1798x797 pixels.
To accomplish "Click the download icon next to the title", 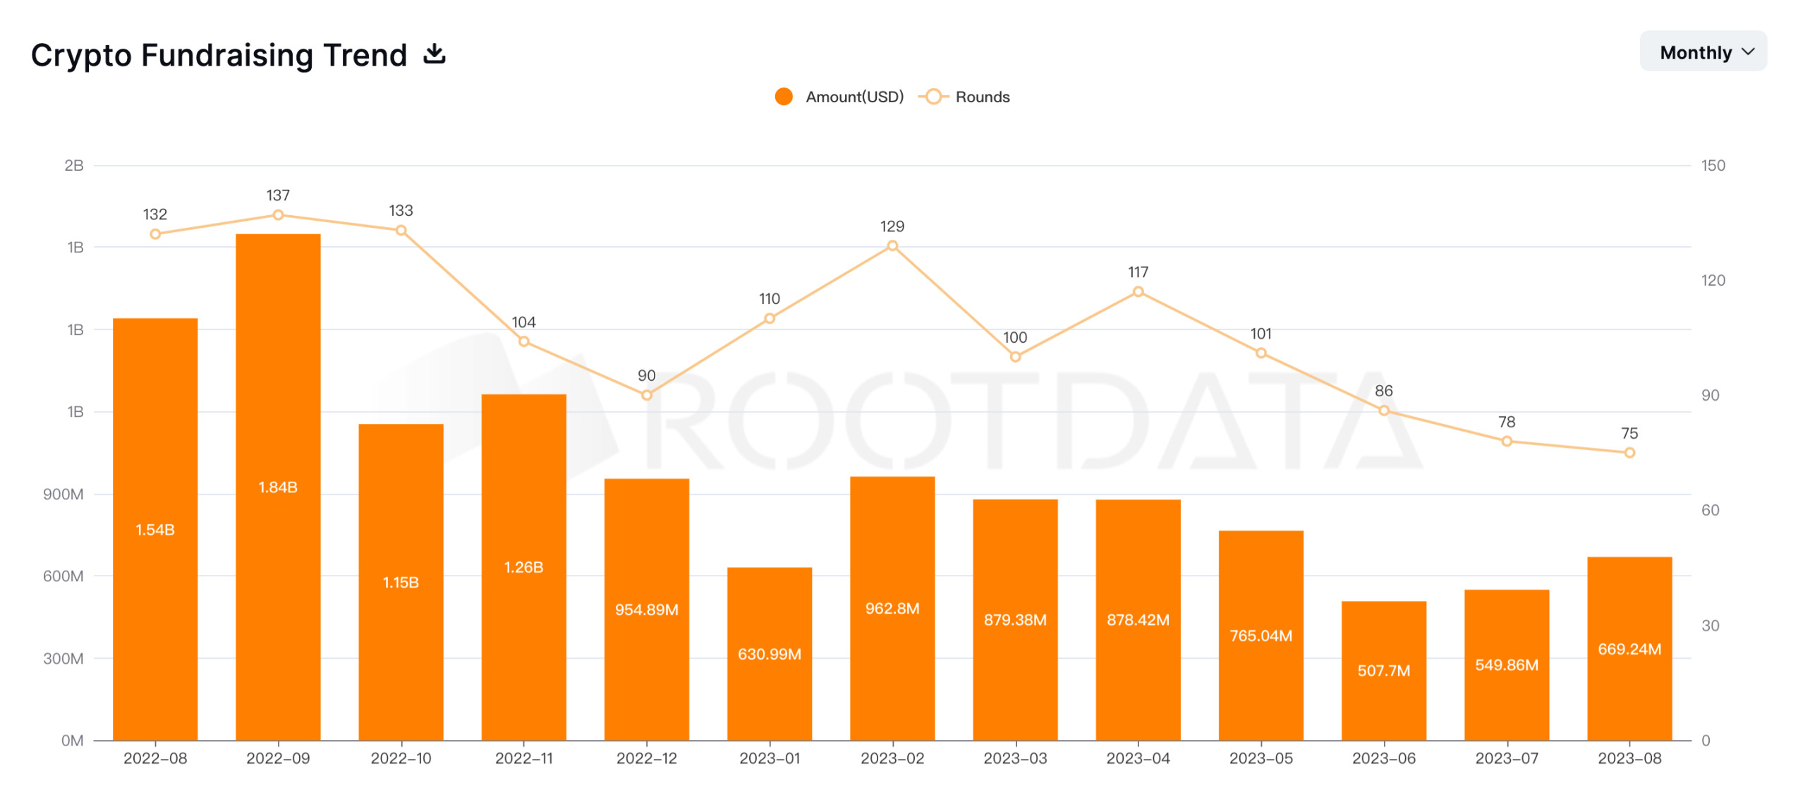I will [435, 54].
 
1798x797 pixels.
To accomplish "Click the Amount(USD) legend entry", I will [839, 97].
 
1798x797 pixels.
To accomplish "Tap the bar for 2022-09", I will [278, 487].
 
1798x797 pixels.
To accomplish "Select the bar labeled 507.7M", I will [1383, 670].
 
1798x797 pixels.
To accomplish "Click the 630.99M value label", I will [769, 654].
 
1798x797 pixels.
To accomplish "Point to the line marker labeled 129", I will [892, 245].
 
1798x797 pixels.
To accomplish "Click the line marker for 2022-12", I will [646, 395].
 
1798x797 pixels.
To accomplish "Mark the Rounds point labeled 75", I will [1629, 452].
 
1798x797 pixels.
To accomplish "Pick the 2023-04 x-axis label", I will [1137, 758].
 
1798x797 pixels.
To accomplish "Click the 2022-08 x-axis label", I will [155, 758].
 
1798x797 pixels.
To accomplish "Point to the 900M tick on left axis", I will [63, 494].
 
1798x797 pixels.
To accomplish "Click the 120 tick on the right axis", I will [1712, 280].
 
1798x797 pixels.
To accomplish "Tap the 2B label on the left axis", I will [74, 165].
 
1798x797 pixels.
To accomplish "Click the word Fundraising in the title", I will [274, 55].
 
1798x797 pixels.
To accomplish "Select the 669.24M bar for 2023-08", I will [1629, 648].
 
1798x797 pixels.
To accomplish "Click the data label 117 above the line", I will [1137, 272].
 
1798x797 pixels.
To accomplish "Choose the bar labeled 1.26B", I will [523, 566].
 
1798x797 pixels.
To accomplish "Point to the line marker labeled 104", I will [523, 341].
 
